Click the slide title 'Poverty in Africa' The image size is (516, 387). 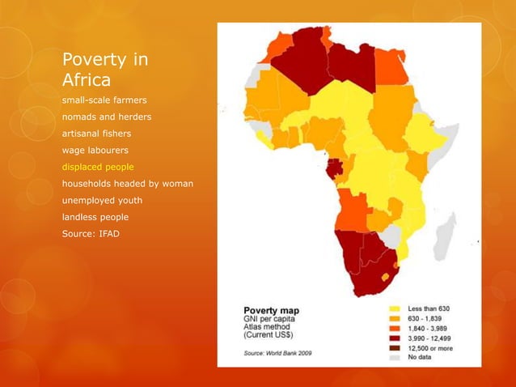click(105, 69)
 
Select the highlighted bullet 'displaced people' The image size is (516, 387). click(98, 167)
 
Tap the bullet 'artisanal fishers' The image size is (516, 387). click(96, 134)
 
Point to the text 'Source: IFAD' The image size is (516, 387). click(91, 234)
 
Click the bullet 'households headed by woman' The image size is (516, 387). click(128, 184)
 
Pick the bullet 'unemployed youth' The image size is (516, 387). click(103, 200)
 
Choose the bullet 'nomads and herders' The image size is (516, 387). click(107, 117)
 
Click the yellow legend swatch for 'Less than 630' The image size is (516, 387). click(395, 309)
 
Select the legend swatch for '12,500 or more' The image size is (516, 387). click(395, 348)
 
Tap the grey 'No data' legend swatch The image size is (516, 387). click(395, 357)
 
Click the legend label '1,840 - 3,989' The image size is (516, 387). click(428, 329)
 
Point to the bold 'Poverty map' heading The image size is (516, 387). click(272, 311)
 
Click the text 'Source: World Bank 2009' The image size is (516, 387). click(277, 353)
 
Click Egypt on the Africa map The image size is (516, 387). click(391, 67)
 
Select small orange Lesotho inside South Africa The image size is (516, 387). click(385, 278)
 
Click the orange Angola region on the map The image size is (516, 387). click(352, 211)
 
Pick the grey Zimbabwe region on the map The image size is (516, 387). click(391, 236)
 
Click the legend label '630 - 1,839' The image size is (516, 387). click(425, 318)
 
